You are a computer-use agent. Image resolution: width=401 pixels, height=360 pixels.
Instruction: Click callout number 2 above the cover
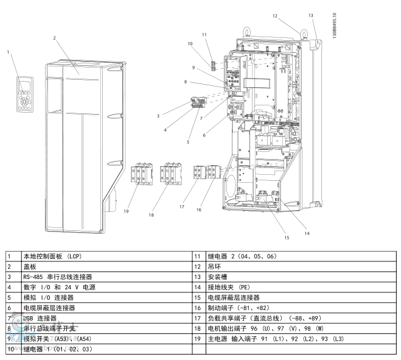pos(54,38)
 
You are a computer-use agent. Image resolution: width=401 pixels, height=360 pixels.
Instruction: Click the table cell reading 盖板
pos(30,266)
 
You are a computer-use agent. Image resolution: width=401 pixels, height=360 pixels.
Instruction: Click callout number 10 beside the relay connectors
pos(190,44)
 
